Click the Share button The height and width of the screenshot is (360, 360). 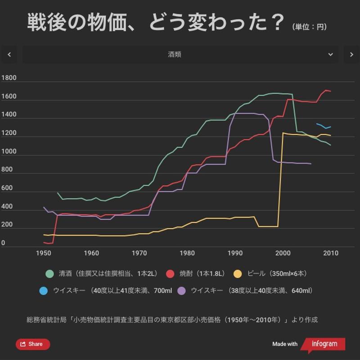coord(32,344)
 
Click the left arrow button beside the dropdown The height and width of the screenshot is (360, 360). coord(9,54)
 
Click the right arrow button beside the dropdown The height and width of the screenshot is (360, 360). coord(351,54)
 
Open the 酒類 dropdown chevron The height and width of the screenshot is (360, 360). coord(331,54)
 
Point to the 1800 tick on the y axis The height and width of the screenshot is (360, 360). coord(9,78)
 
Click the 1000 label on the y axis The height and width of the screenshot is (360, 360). coord(9,151)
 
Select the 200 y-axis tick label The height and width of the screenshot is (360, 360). coord(7,225)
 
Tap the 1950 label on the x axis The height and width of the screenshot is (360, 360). coord(44,253)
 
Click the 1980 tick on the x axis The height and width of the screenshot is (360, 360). coord(187,253)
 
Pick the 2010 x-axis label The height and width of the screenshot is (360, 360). coord(331,253)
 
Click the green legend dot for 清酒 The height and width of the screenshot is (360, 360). coord(50,274)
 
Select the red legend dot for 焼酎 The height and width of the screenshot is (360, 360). coord(170,274)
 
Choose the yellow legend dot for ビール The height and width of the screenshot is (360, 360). coord(238,274)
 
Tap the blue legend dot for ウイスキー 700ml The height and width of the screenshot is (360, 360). coord(44,291)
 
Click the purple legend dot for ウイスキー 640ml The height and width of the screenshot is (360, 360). coord(182,291)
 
